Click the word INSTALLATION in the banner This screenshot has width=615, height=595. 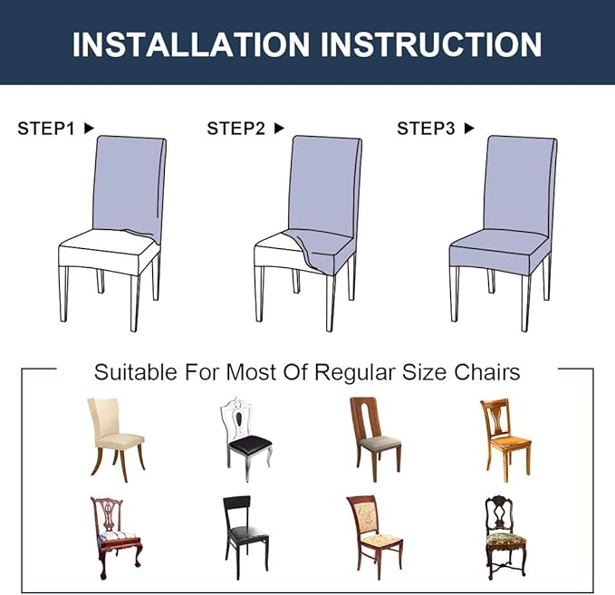(187, 43)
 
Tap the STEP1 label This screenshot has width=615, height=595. (45, 129)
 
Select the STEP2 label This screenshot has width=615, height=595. (235, 129)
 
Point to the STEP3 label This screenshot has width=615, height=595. (426, 129)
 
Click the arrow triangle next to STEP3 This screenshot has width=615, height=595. (469, 129)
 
